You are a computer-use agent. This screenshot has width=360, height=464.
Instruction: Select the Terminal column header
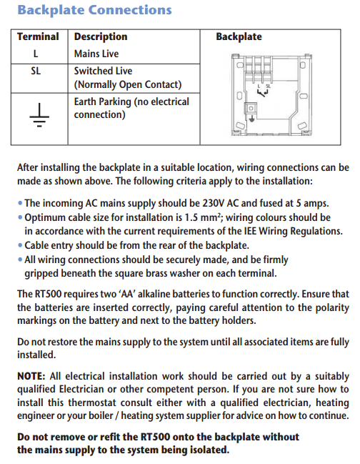38,36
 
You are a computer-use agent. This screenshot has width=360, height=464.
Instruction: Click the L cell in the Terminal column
36,54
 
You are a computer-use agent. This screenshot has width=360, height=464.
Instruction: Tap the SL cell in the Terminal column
36,71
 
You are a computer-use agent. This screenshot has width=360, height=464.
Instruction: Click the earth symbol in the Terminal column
39,115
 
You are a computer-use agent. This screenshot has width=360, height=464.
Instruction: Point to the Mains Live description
96,54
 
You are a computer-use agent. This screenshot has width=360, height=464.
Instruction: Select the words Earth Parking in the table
102,102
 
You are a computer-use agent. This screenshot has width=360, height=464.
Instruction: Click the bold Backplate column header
239,36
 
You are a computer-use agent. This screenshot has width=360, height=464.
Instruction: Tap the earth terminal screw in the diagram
251,108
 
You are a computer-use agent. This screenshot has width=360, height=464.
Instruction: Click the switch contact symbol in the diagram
262,93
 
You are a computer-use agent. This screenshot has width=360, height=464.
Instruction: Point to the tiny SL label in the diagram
268,86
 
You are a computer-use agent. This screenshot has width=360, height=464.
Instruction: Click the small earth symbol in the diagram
251,119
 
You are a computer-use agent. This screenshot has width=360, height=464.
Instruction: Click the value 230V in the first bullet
214,203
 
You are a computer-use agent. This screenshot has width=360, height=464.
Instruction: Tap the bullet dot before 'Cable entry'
20,246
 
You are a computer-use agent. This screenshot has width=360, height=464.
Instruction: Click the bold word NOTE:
31,376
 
